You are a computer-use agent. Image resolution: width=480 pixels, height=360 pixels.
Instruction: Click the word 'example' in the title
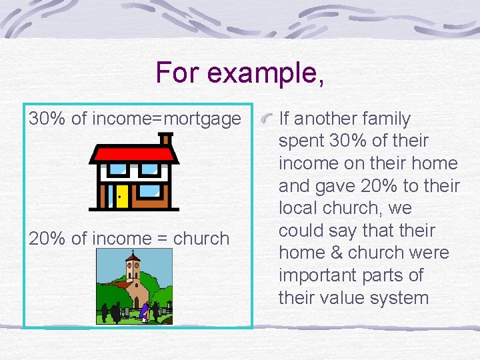(265, 72)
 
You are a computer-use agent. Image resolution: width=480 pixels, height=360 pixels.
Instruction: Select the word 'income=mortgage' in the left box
(167, 119)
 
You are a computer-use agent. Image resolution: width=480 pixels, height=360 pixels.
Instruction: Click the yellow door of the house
(122, 195)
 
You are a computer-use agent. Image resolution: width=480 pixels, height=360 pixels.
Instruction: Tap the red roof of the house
(133, 155)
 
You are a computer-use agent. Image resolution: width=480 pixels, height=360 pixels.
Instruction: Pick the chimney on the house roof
(164, 139)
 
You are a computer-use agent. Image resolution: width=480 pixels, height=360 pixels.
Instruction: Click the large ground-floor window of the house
(152, 193)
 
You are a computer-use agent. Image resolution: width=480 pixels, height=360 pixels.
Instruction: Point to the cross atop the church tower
(133, 253)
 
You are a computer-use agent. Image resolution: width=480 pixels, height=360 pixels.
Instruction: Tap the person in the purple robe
(143, 311)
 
